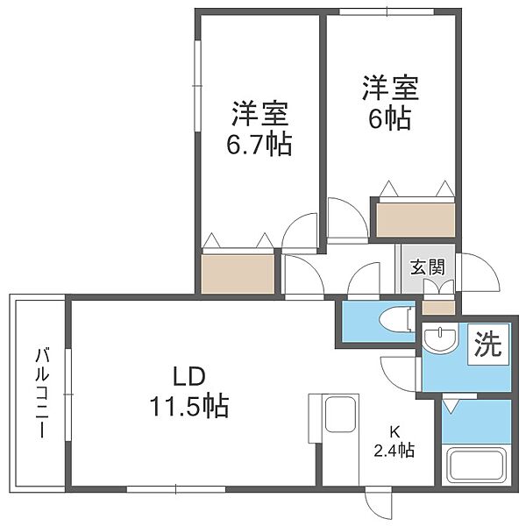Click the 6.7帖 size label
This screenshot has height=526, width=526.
pyautogui.click(x=261, y=143)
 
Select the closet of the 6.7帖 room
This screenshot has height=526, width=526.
pyautogui.click(x=238, y=273)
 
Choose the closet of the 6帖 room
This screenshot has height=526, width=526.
pyautogui.click(x=416, y=218)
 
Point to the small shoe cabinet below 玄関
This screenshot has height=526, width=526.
pyautogui.click(x=438, y=307)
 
